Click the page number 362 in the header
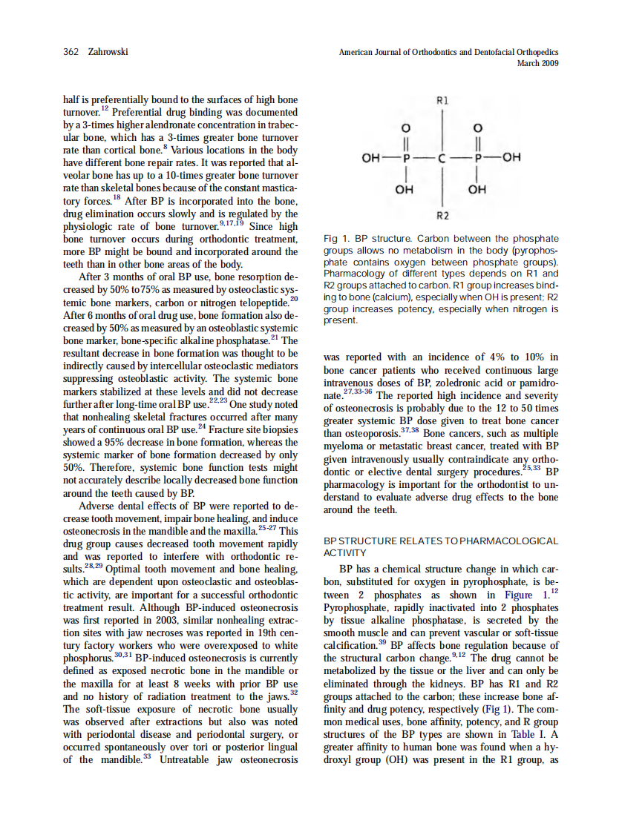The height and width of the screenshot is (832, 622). click(x=71, y=53)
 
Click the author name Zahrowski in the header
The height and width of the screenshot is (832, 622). click(x=108, y=53)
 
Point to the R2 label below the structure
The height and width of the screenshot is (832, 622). click(x=442, y=216)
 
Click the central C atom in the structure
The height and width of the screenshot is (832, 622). click(x=442, y=157)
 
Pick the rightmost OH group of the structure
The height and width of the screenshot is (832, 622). click(x=511, y=157)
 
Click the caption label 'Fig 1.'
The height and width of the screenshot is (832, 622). click(x=337, y=239)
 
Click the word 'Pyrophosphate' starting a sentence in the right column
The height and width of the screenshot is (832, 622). click(x=354, y=607)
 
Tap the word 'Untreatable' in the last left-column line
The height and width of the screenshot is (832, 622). click(x=190, y=760)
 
